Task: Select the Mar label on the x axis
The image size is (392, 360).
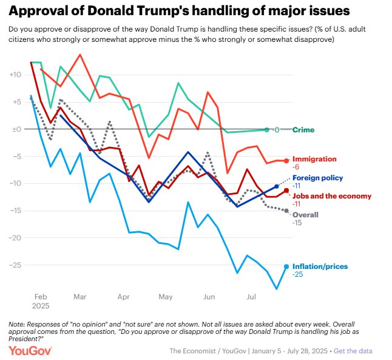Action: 79,297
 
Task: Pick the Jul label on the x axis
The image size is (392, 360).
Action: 250,297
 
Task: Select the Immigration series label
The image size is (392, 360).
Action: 314,159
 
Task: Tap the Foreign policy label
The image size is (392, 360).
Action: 317,178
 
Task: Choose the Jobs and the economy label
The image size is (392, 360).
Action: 330,195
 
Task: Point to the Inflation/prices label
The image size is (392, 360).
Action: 320,267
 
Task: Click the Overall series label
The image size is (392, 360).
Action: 305,215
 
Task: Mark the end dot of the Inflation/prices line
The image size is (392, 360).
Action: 286,266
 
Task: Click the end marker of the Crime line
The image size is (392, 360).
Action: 266,129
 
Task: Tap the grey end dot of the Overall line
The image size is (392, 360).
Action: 286,211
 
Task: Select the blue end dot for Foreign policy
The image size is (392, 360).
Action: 277,186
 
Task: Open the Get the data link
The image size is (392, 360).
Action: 353,351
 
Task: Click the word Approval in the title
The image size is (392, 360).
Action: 38,12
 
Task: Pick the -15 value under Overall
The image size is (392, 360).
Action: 298,223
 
